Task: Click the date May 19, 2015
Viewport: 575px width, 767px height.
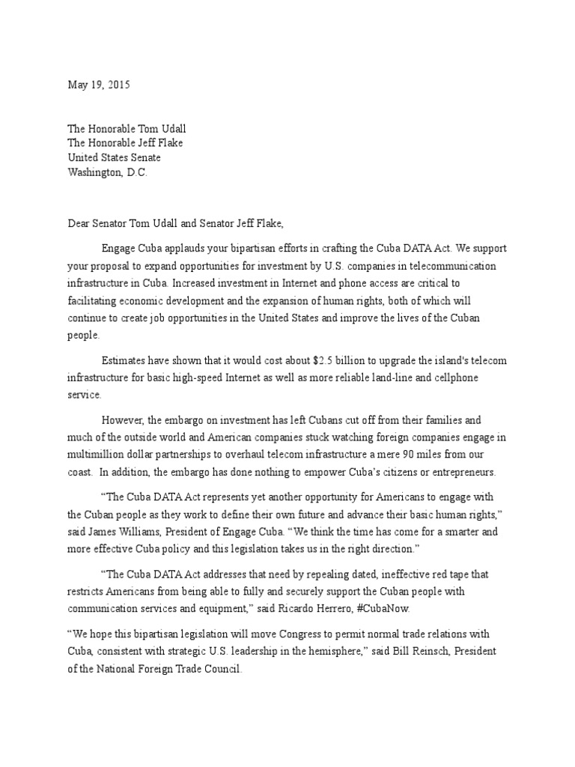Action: pos(99,85)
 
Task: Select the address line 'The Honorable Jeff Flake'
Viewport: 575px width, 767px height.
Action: pos(125,143)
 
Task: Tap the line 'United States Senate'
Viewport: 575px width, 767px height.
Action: pos(114,158)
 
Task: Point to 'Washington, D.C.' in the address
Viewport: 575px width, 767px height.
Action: pos(108,172)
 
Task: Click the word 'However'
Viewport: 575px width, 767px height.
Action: pos(122,420)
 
